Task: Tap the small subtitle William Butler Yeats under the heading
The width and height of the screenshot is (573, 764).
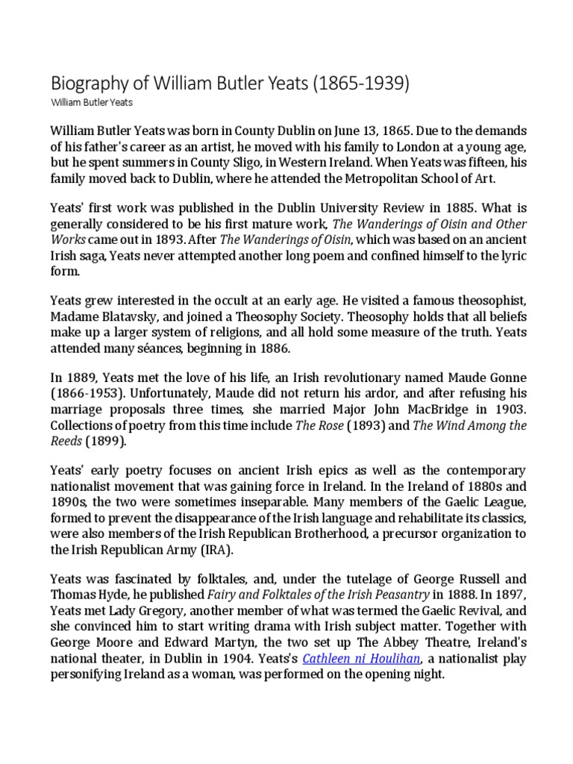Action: coord(91,102)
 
